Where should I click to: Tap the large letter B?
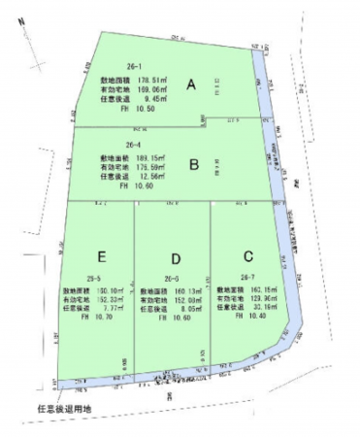click(x=194, y=164)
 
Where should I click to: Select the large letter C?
click(x=248, y=256)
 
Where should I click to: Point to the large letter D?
click(x=176, y=259)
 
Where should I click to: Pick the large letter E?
click(x=102, y=256)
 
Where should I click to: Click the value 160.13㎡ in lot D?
click(x=171, y=291)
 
